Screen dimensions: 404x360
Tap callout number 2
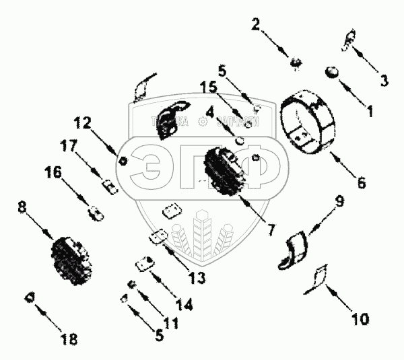(256, 26)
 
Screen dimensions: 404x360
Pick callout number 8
(23, 209)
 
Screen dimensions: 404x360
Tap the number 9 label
(339, 201)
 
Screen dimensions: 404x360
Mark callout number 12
(82, 123)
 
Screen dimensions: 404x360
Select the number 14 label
(184, 304)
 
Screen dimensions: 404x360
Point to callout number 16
(53, 173)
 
